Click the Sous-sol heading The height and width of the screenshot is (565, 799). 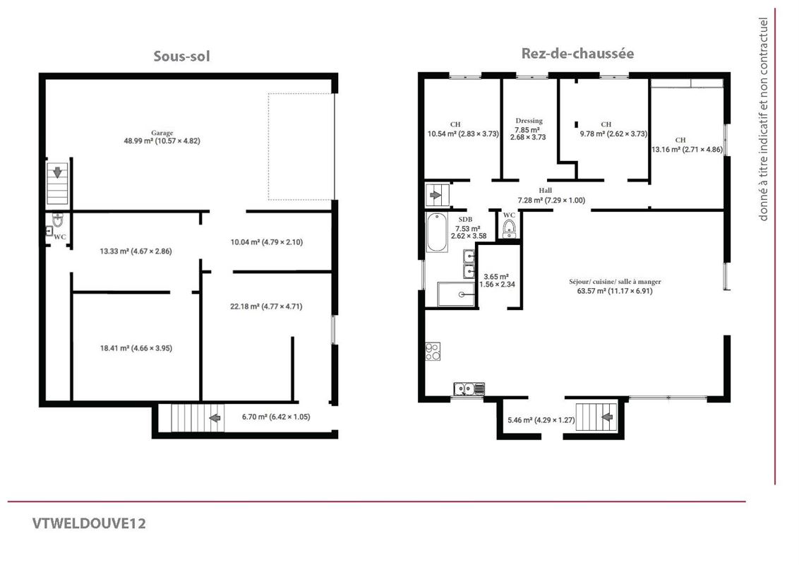coord(182,56)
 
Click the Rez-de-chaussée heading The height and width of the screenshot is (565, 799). coord(577,54)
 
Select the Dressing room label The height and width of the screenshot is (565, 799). coord(529,121)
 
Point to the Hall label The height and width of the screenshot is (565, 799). coord(545,191)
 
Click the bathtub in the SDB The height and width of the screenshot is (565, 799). coord(437,232)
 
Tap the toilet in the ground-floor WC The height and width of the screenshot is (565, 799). coord(508,230)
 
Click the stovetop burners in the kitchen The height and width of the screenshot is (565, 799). coord(433,351)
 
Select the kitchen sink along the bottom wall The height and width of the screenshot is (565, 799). coord(469,389)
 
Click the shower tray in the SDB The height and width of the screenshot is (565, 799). coord(457,295)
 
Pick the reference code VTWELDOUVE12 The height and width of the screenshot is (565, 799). coord(89,524)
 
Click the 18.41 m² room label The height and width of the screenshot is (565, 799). coord(136,348)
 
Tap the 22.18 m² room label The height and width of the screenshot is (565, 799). coord(266,307)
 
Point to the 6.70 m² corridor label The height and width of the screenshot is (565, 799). coord(276,417)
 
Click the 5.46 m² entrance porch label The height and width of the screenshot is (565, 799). coord(541,420)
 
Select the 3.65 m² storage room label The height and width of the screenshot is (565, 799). coord(497,280)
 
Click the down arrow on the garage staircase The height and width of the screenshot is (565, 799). coord(58,172)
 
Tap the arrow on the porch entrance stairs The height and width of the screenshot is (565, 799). coord(607,417)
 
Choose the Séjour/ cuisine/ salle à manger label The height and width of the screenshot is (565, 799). coord(615,282)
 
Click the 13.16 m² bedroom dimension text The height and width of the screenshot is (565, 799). coord(687,150)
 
